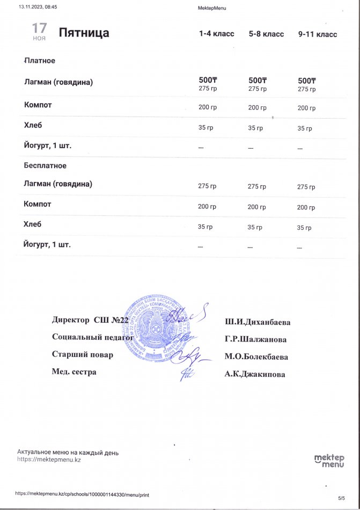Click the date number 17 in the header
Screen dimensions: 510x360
39,28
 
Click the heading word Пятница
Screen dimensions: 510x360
84,33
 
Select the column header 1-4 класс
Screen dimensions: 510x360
216,34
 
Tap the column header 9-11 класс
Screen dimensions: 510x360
318,34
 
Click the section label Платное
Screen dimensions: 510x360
40,61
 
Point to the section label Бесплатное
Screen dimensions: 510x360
45,165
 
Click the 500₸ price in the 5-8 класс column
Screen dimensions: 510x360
258,80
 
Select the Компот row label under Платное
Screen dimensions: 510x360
38,104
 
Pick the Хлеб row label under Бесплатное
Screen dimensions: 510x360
33,224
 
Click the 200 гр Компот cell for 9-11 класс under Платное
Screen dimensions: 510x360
306,108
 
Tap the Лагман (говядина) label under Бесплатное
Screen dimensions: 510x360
58,184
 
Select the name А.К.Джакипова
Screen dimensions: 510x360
255,374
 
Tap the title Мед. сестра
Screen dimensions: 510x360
74,371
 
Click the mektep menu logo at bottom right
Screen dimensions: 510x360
328,460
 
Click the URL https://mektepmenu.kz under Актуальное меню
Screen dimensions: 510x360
49,460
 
